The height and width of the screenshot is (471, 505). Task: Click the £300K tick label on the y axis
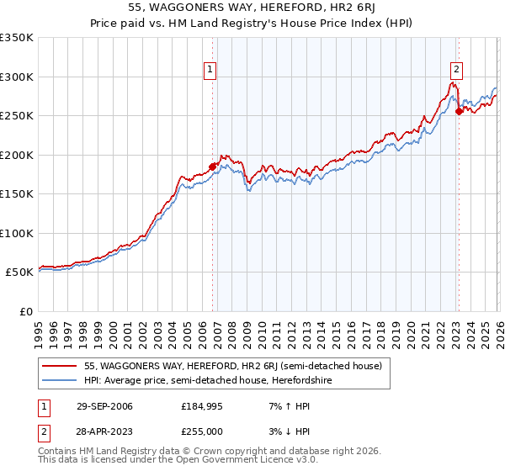pos(17,77)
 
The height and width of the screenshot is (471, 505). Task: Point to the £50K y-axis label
pos(19,272)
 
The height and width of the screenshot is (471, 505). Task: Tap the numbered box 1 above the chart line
pos(209,70)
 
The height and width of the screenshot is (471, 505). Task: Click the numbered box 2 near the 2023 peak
pos(455,70)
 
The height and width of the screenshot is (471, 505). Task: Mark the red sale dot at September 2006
pos(212,167)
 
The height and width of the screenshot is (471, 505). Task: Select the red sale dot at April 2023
pos(459,112)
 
